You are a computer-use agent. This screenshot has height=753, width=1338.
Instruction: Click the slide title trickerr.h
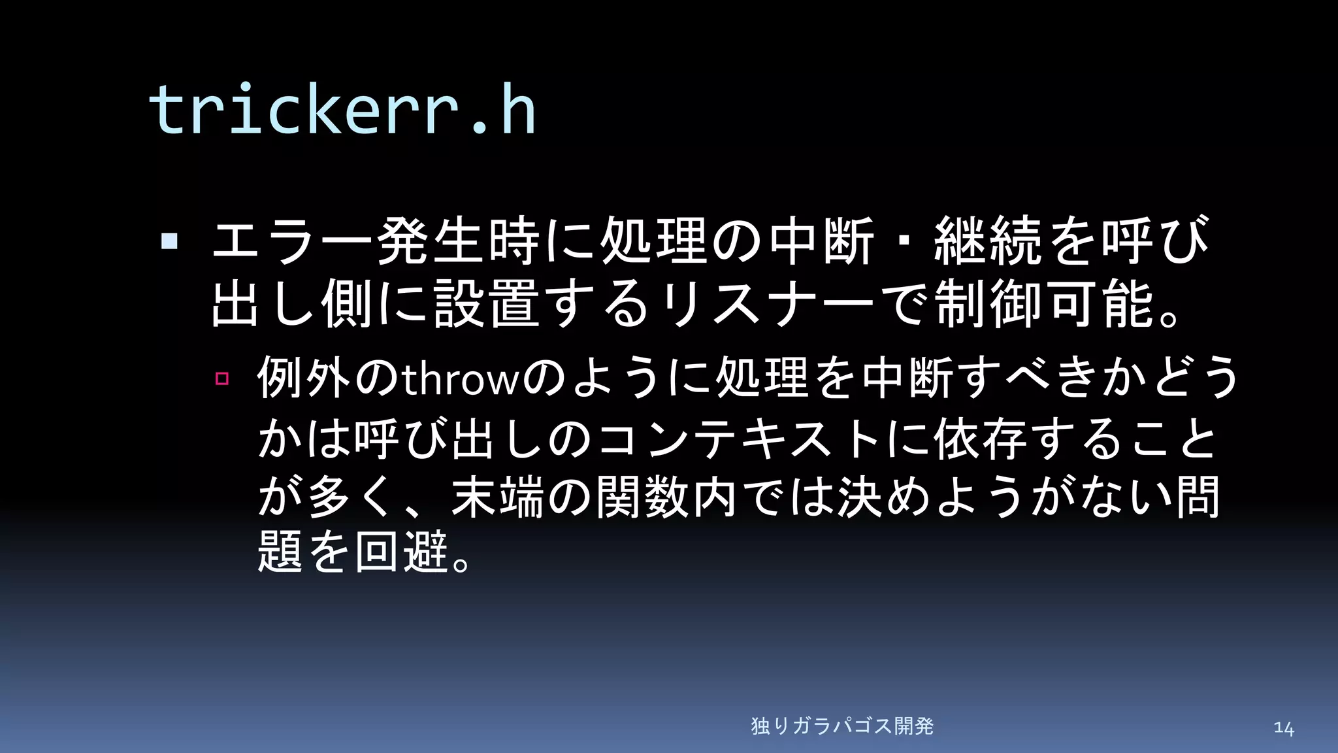(x=342, y=109)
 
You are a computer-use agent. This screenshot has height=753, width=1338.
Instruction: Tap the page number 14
(x=1283, y=728)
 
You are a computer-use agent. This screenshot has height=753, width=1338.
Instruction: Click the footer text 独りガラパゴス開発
(x=842, y=726)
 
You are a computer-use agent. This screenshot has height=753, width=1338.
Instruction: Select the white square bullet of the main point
(x=170, y=241)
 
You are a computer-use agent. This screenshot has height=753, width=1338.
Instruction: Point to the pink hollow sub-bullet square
(x=222, y=378)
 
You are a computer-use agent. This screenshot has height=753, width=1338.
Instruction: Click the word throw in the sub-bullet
(x=460, y=379)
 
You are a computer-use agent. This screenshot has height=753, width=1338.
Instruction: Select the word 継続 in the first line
(x=988, y=241)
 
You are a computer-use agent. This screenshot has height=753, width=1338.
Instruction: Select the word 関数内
(x=666, y=497)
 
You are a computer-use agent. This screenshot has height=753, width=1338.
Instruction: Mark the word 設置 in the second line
(x=487, y=303)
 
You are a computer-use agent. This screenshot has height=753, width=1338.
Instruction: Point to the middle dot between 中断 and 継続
(x=905, y=241)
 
